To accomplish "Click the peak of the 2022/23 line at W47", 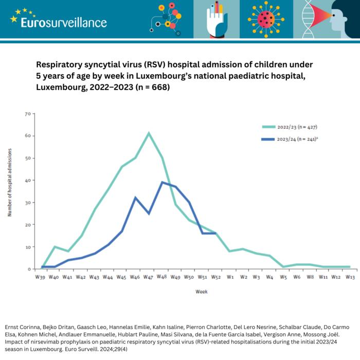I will pyautogui.click(x=149, y=133).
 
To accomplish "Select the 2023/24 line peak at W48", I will pyautogui.click(x=163, y=182).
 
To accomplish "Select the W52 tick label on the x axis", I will pyautogui.click(x=217, y=277).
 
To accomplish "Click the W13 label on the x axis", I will pyautogui.click(x=350, y=277).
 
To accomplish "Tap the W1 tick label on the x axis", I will pyautogui.click(x=230, y=277).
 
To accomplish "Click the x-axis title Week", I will pyautogui.click(x=202, y=292).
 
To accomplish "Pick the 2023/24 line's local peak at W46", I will pyautogui.click(x=135, y=197).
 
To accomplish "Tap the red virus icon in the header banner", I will pyautogui.click(x=266, y=19).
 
